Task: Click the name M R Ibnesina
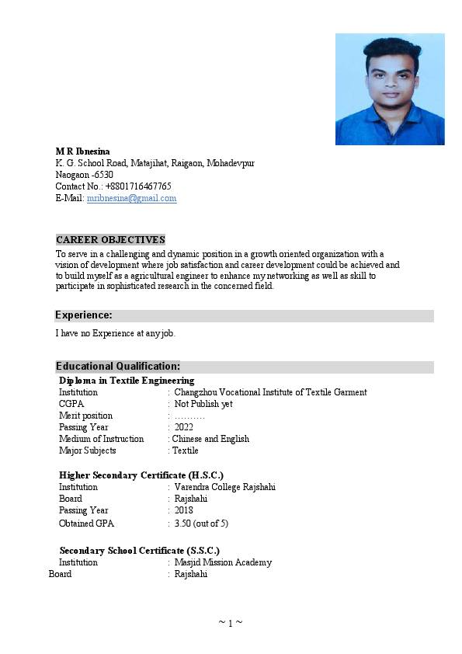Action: coord(82,151)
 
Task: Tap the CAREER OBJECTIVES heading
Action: coord(110,240)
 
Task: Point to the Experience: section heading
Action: coord(84,315)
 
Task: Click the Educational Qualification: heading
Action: coord(118,367)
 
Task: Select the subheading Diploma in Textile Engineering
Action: coord(127,381)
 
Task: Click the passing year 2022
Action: coord(184,427)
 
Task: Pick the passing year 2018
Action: coord(184,510)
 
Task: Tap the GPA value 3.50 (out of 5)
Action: coord(201,524)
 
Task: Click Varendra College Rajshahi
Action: coord(224,487)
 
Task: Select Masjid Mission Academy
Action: coord(223,562)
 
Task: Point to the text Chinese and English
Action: coord(210,439)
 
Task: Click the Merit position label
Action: coord(85,416)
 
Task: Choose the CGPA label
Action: coord(71,404)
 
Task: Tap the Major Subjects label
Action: coord(88,450)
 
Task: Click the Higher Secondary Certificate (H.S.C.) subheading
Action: coord(141,475)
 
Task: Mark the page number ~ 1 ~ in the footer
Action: coord(231,623)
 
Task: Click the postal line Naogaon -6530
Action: coord(84,175)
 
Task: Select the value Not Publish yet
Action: coord(203,404)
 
